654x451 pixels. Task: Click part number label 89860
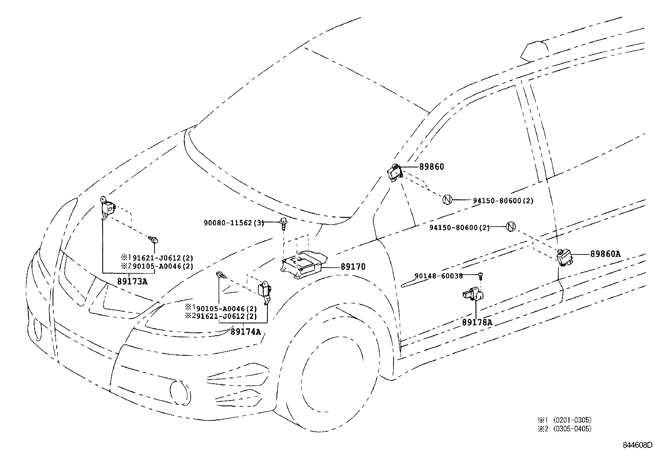(431, 167)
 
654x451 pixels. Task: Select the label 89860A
(605, 254)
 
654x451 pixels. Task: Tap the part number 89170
(353, 267)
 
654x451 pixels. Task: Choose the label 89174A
(245, 332)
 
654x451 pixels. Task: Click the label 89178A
(477, 322)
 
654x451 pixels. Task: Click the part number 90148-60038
(438, 276)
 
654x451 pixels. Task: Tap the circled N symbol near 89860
(447, 200)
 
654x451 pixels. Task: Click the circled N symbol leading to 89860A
(510, 226)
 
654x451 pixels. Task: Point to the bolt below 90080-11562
(283, 224)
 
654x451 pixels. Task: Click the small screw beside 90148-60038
(481, 276)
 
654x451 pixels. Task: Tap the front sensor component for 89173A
(108, 207)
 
